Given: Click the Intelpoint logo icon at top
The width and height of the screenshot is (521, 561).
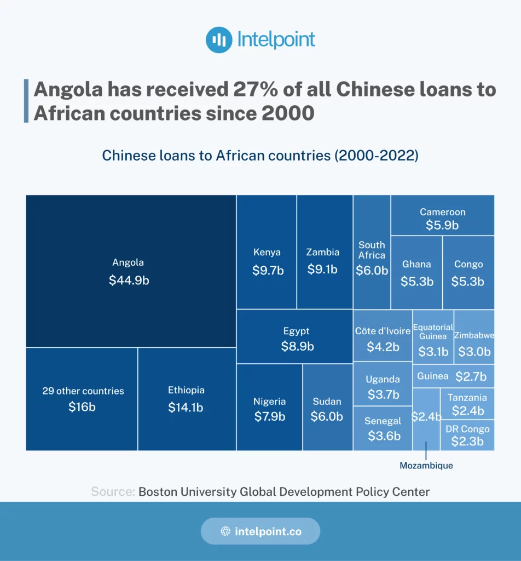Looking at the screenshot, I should [x=219, y=40].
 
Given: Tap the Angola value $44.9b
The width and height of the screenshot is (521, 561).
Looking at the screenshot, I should [x=129, y=280].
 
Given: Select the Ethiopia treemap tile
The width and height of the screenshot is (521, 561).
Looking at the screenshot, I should [x=186, y=399].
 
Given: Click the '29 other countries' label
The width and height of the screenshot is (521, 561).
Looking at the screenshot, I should [x=83, y=391].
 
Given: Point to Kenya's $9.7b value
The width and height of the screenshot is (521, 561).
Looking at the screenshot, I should [x=268, y=270].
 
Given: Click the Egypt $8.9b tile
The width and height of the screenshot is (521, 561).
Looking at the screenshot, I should [x=297, y=339].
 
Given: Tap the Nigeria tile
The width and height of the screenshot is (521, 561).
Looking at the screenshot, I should [x=269, y=409].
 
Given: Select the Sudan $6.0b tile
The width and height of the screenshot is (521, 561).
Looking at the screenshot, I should [x=327, y=409].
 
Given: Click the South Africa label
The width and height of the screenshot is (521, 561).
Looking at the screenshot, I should [x=372, y=250].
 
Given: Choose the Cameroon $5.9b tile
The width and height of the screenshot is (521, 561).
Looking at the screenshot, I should [x=442, y=217].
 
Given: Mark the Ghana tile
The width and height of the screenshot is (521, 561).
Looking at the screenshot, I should [x=416, y=273].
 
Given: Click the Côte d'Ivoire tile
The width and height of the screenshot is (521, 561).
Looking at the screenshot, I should [x=382, y=338].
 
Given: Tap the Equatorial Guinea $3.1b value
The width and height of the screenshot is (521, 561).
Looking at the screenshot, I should [x=433, y=352].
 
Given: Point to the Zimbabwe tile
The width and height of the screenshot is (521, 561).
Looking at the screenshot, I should [x=474, y=344].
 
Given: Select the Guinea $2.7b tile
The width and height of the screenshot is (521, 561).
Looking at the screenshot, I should [x=453, y=376].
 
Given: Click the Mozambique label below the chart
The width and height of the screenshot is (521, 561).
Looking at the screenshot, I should [x=426, y=466].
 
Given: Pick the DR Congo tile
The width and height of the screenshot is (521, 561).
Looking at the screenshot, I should [x=467, y=435].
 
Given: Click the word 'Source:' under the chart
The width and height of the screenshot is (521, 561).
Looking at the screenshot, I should [x=113, y=491].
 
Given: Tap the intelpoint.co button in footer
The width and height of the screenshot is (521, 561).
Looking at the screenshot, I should [x=260, y=531].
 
